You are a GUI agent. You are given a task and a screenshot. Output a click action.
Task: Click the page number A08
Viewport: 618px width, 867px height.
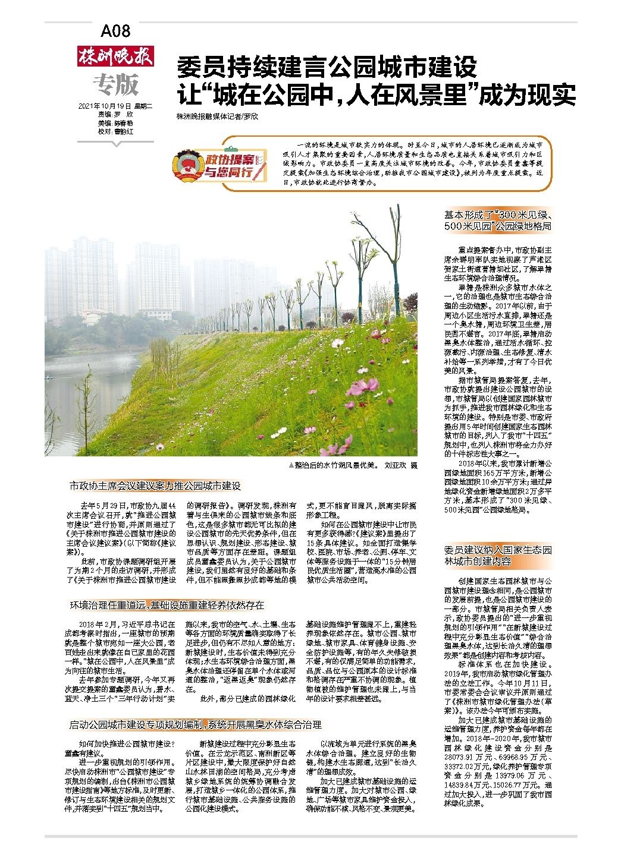coord(115,30)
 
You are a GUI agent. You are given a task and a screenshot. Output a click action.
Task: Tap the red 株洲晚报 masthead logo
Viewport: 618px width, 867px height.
coord(115,56)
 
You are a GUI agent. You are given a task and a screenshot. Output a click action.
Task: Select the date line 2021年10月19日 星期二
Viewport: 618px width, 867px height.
coord(115,106)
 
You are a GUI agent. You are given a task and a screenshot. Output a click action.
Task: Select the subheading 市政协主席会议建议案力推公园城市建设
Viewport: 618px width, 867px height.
coord(155,486)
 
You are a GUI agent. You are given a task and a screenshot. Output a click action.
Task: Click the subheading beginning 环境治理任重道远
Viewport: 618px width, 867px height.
coord(167,606)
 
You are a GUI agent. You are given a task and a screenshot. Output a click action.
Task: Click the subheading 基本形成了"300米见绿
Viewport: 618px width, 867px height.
coord(498,220)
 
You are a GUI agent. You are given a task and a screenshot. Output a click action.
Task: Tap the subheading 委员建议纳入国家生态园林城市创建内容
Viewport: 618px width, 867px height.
coord(498,555)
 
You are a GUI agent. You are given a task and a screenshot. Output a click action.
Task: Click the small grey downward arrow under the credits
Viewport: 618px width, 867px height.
coord(116,143)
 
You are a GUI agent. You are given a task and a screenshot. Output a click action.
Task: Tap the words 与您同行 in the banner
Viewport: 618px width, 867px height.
coord(226,174)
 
